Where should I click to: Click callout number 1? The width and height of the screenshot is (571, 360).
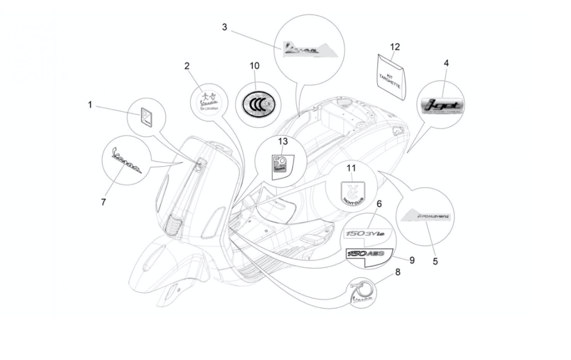coord(90,105)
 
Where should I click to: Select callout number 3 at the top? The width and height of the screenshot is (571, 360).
coord(224,27)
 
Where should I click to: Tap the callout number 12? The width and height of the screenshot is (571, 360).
coord(395,47)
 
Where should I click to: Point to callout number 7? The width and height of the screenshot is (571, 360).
coord(103,202)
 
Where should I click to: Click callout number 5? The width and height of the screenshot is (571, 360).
coord(435,261)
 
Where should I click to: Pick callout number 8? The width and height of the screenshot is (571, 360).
coord(398,272)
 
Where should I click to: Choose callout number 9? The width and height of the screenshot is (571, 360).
coord(411,260)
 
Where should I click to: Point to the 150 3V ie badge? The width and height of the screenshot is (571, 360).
coord(362,233)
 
